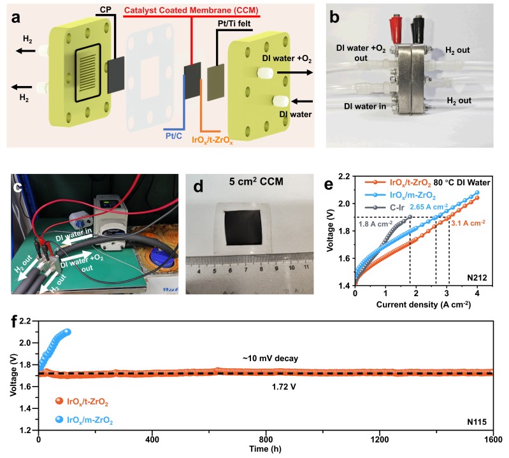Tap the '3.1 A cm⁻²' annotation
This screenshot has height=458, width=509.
469,223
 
